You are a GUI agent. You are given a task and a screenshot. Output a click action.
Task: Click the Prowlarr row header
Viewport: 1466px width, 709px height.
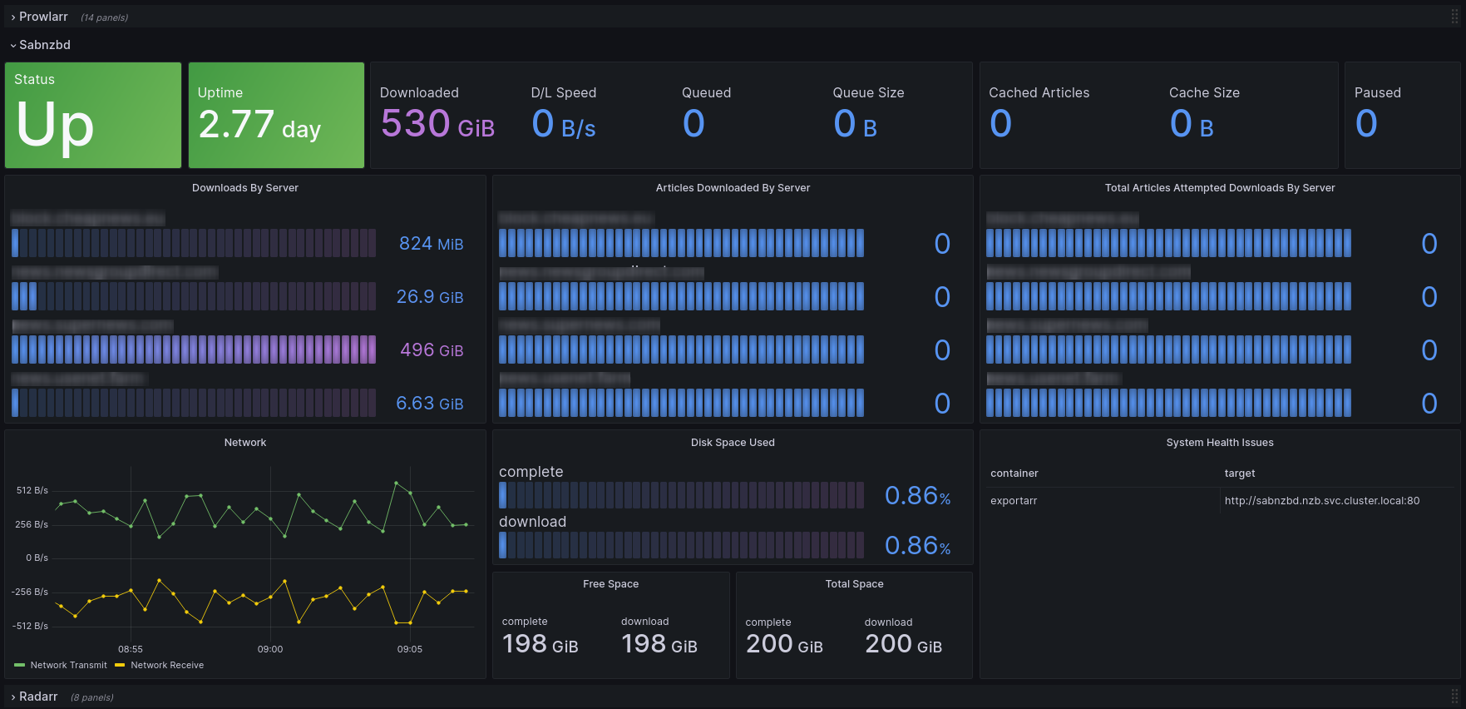coord(43,17)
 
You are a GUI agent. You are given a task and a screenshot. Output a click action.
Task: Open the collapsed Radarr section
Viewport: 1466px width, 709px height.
coord(38,697)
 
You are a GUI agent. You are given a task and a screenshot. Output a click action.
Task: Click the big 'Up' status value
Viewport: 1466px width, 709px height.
coord(55,126)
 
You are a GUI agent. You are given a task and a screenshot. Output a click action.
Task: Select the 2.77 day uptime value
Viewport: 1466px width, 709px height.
coord(259,126)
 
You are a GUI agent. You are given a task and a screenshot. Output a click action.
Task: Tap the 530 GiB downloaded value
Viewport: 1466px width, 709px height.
coord(437,125)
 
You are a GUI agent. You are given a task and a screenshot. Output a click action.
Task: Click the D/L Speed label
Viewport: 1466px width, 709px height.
coord(563,92)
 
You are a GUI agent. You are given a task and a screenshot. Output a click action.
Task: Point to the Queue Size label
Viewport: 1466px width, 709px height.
coord(868,92)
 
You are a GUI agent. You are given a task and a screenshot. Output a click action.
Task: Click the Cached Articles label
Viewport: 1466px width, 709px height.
coord(1039,92)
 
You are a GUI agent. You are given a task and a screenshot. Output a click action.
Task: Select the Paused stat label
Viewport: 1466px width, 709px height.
coord(1377,92)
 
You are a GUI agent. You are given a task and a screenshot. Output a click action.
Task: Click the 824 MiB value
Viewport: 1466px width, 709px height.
coord(431,244)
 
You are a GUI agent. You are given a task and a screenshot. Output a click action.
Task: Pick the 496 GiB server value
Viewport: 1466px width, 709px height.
coord(432,350)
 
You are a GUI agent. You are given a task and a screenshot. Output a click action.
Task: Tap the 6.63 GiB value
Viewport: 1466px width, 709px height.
coord(429,404)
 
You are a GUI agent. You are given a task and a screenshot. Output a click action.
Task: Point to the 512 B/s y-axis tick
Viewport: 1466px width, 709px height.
coord(32,490)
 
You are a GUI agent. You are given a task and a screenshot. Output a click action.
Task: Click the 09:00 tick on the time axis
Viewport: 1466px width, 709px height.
coord(270,649)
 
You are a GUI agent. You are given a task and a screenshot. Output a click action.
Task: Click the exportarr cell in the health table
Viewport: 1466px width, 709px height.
coord(1014,501)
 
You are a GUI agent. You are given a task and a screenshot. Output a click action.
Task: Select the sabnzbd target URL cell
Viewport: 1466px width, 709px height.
coord(1321,501)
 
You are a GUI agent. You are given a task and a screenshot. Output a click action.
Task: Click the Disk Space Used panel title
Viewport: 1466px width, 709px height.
coord(733,443)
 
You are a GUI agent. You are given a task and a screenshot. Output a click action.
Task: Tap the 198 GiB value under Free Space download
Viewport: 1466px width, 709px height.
coord(659,645)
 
